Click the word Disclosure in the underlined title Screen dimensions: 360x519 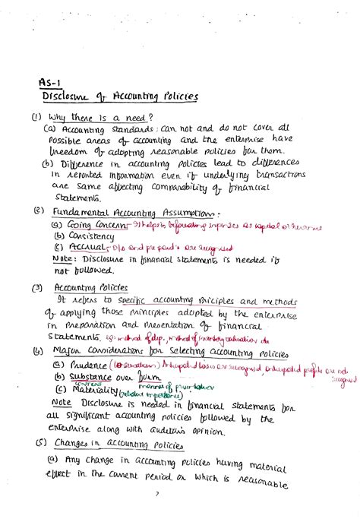[66, 97]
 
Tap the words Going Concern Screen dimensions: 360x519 [98, 226]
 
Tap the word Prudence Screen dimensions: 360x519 [90, 366]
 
